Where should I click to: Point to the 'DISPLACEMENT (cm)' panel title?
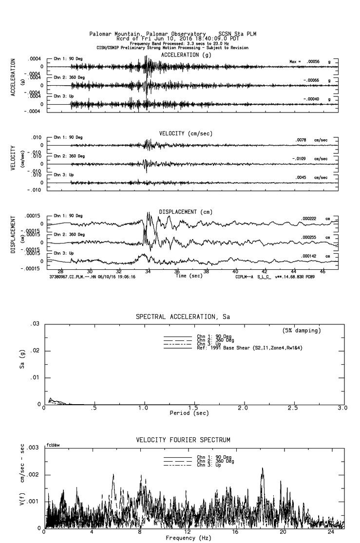point(186,212)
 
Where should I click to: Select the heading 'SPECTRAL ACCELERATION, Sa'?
point(183,317)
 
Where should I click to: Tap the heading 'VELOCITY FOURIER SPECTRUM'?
point(183,440)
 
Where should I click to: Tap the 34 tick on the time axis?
point(148,271)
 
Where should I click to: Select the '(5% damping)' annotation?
point(302,330)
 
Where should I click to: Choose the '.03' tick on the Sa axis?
point(36,324)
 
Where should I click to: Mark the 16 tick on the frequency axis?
point(235,532)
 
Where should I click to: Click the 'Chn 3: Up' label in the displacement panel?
point(64,253)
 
